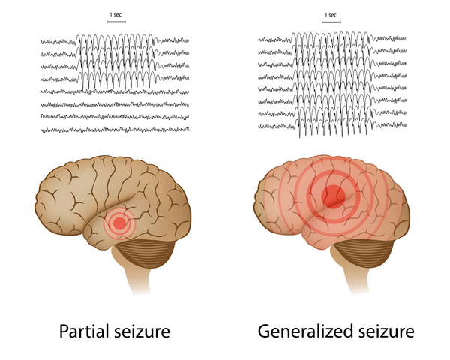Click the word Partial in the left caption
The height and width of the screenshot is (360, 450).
pos(84,331)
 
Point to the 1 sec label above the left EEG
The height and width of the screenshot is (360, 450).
pos(115,15)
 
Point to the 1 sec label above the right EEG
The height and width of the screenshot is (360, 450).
pos(331,15)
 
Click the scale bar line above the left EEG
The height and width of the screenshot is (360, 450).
pos(116,22)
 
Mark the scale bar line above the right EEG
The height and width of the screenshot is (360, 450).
pos(331,22)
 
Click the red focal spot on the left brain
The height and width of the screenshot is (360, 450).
pos(120,223)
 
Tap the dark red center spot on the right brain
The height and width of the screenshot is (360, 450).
pos(333,196)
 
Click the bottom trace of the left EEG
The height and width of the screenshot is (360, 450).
pos(115,130)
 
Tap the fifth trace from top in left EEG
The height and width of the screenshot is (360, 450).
pos(115,91)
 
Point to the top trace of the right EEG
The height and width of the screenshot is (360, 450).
pos(332,39)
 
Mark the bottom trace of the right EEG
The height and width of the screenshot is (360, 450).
pos(332,126)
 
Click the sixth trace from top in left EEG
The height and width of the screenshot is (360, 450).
pos(115,104)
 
